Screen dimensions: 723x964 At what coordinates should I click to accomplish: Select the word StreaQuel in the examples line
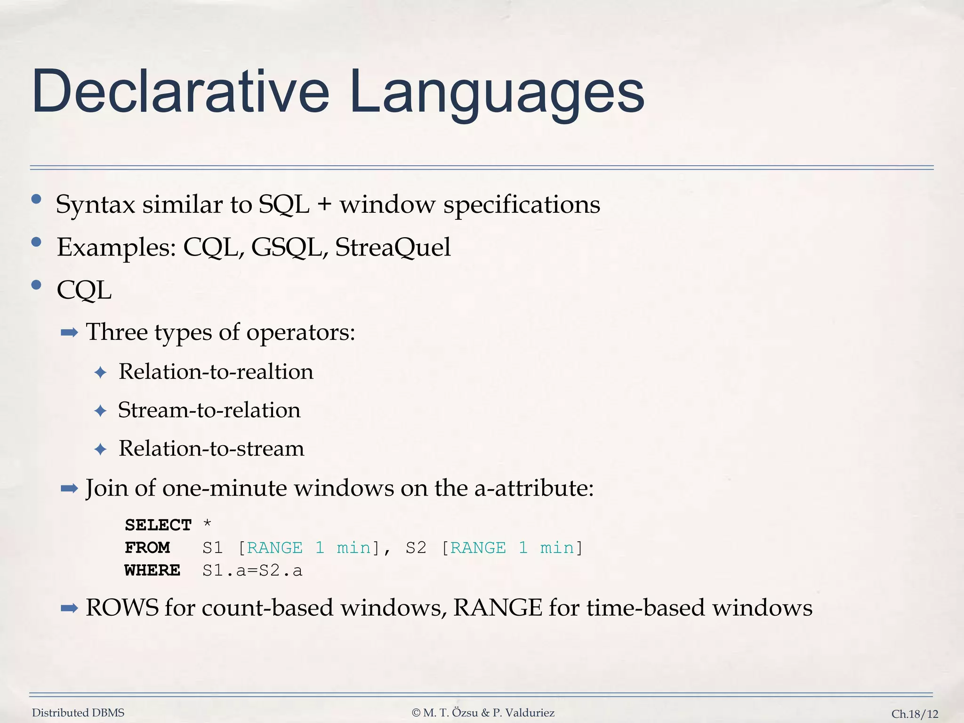point(393,247)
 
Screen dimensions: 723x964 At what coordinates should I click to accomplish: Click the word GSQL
point(289,248)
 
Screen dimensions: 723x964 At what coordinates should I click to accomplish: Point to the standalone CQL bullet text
point(84,290)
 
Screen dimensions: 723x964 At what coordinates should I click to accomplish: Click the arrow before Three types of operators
point(69,333)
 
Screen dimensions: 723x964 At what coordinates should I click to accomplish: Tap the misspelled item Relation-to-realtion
point(216,372)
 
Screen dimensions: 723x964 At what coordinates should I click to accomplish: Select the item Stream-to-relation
point(209,410)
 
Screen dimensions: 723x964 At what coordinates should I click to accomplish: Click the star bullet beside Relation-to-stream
point(100,449)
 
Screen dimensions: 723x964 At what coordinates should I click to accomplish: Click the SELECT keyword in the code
point(158,525)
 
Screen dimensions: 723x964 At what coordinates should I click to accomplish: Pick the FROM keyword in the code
point(147,547)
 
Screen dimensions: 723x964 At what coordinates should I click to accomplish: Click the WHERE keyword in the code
point(153,570)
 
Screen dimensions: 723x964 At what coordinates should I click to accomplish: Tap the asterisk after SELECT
point(207,523)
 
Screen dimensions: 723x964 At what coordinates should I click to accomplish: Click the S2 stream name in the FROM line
point(416,547)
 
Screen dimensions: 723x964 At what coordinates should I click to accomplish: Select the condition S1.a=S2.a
point(252,570)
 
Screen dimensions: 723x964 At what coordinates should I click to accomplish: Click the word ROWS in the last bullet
point(122,608)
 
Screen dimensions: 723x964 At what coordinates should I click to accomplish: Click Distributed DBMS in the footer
point(78,713)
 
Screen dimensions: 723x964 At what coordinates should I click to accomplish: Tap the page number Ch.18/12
point(915,714)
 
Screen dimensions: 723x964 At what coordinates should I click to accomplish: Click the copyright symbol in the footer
point(416,713)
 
